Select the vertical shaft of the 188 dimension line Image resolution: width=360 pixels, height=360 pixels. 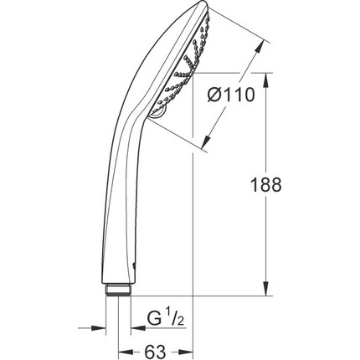pyautogui.click(x=267, y=184)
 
